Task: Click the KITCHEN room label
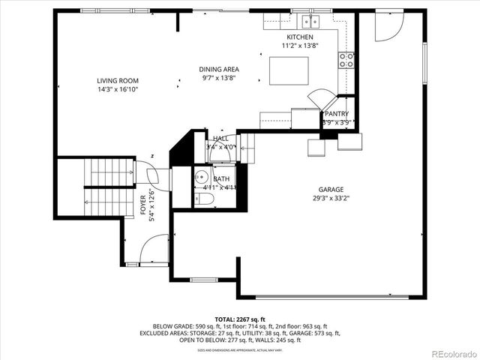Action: point(300,37)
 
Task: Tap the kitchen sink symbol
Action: point(306,22)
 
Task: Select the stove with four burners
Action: point(346,60)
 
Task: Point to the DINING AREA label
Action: point(219,69)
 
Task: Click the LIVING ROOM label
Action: point(118,81)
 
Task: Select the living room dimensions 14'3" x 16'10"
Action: point(118,89)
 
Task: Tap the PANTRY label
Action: point(336,114)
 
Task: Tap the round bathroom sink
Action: point(200,178)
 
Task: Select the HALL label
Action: point(220,139)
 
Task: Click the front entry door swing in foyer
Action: point(154,249)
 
